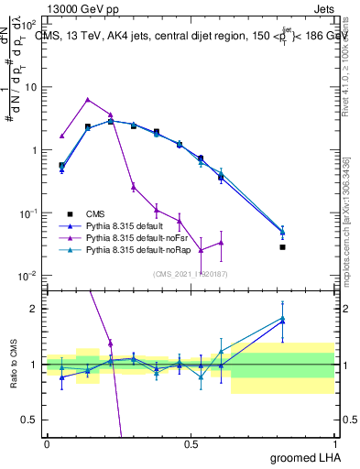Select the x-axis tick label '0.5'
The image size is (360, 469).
point(191,443)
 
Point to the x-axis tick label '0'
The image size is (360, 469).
point(47,443)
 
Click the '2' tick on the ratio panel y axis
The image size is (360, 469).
point(35,309)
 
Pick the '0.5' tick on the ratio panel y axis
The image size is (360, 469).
point(30,420)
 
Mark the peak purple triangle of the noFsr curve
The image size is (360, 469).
point(87,99)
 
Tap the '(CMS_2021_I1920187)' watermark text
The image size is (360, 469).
point(191,274)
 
